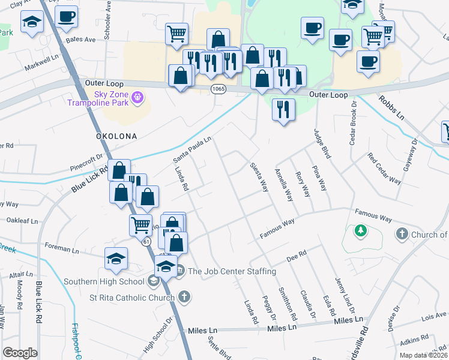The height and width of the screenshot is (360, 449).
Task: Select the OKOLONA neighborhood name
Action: tap(116, 136)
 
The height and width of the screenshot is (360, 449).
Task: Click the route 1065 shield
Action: tap(218, 89)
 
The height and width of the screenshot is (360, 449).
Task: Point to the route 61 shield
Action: tap(146, 242)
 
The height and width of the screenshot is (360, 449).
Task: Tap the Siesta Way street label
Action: tap(259, 178)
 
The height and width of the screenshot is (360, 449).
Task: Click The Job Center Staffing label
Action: tap(232, 271)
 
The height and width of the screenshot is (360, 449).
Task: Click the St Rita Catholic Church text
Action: tap(131, 297)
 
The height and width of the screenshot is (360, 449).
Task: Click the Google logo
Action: tap(20, 353)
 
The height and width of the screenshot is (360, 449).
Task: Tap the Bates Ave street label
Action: tap(81, 40)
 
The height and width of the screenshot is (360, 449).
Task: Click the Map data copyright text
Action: tap(424, 355)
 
